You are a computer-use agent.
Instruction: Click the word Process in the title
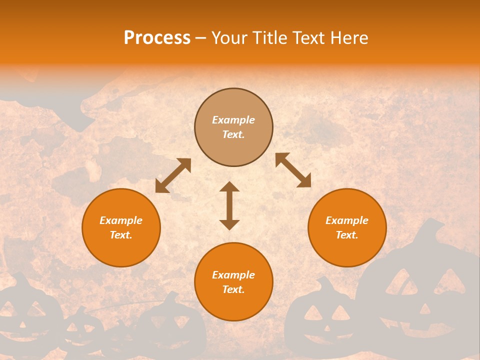(x=157, y=38)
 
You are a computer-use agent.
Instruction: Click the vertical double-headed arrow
(x=229, y=205)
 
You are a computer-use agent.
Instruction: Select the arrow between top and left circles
(x=173, y=175)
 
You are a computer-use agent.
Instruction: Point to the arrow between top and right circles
(x=293, y=170)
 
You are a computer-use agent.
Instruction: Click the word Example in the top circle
(x=233, y=120)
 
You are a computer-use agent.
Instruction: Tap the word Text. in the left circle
(x=121, y=235)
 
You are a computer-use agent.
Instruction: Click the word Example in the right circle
(x=347, y=220)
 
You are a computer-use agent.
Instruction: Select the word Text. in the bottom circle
(x=233, y=289)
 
